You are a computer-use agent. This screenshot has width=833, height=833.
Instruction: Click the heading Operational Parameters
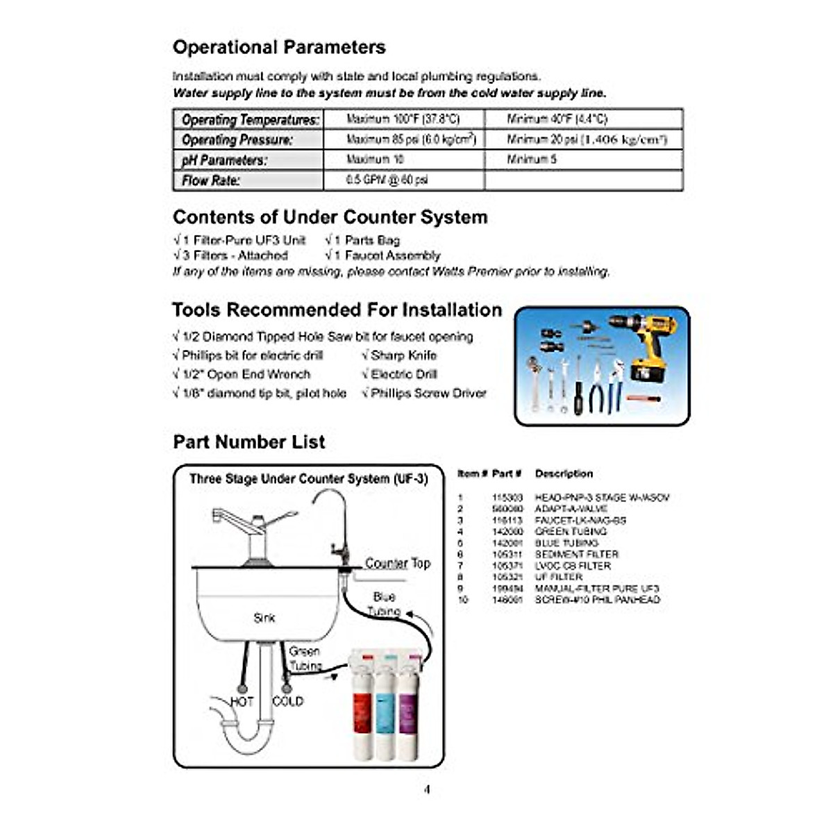(x=279, y=47)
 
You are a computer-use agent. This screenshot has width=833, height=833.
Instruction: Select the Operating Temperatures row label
(x=250, y=119)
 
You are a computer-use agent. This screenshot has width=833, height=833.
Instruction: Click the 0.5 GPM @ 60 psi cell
(x=387, y=180)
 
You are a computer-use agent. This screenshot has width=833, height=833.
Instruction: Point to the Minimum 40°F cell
(x=557, y=119)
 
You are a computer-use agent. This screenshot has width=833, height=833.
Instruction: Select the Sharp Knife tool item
(x=403, y=355)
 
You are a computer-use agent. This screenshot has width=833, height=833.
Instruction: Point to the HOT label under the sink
(x=242, y=702)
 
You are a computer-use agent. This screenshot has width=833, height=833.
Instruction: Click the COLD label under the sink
(x=287, y=702)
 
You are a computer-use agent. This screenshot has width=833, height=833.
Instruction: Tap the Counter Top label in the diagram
(x=398, y=563)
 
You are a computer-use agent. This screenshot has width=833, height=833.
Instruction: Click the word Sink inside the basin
(x=264, y=617)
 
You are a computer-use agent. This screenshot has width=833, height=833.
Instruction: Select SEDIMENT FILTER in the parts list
(x=576, y=555)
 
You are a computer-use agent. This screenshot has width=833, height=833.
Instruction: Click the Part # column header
(x=507, y=474)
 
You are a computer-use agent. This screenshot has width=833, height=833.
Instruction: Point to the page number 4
(x=427, y=789)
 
